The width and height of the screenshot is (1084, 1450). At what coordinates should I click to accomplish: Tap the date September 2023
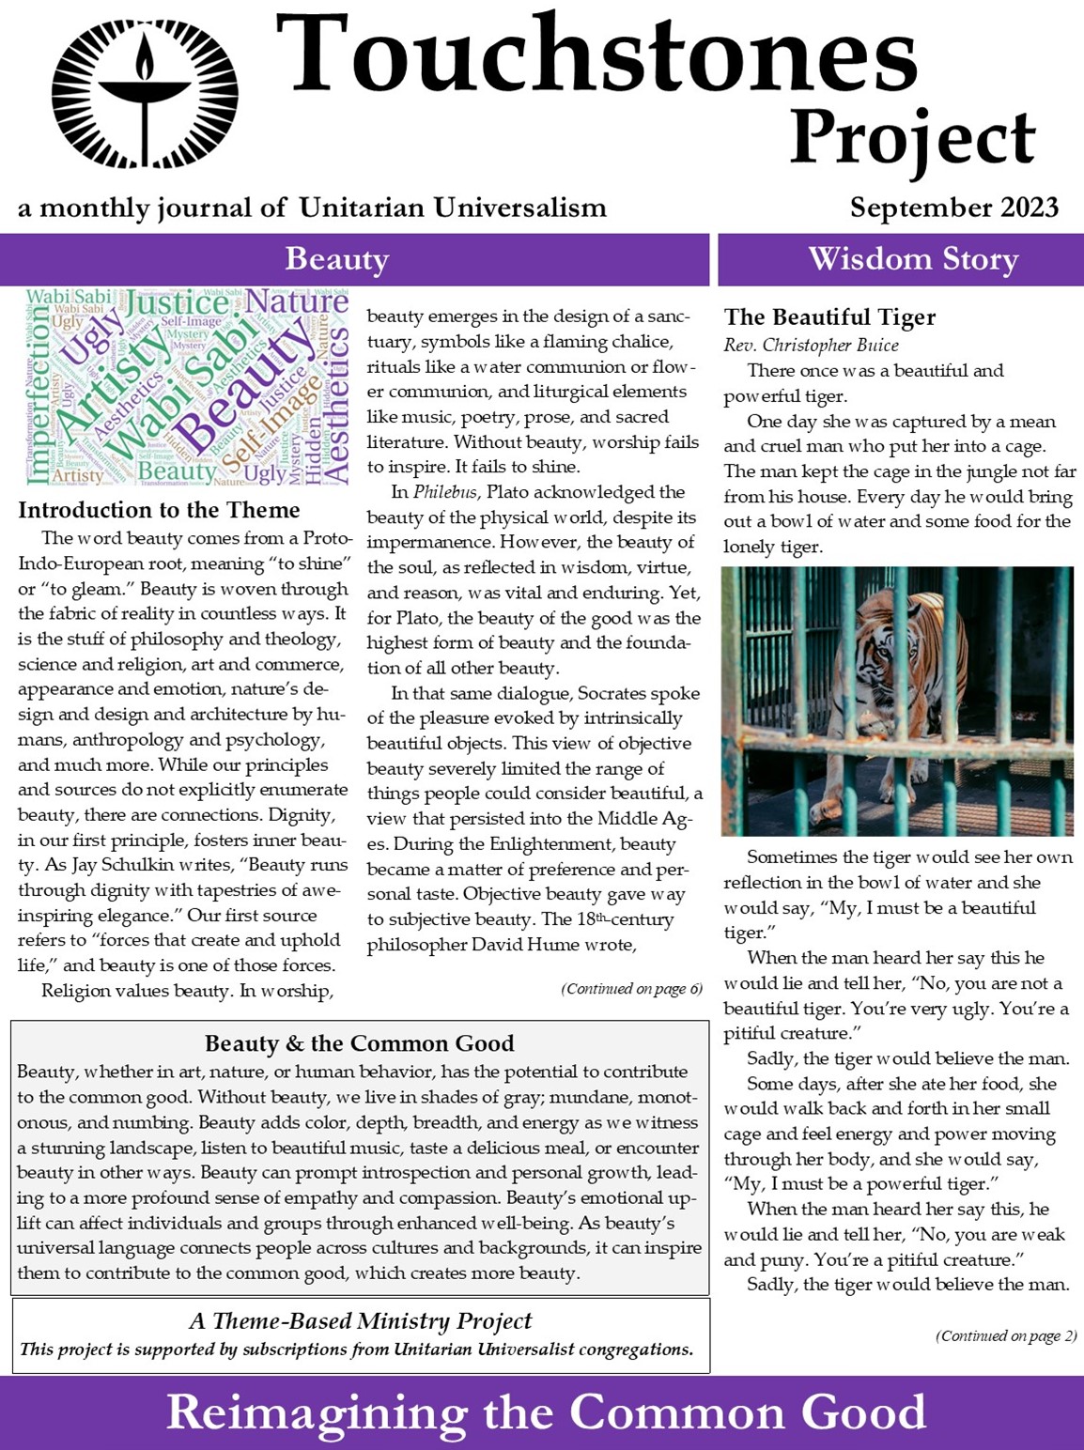click(x=953, y=207)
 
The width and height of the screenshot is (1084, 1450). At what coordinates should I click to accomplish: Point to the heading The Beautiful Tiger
click(x=829, y=317)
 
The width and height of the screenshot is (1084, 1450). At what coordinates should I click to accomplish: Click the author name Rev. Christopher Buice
click(x=811, y=345)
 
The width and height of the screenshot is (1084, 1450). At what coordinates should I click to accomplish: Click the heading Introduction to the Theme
click(x=159, y=510)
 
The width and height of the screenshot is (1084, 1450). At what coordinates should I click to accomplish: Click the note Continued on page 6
click(x=631, y=989)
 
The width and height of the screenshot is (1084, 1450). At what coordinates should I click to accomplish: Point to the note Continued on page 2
click(x=1006, y=1335)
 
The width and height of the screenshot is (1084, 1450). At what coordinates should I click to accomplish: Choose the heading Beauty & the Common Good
click(x=360, y=1043)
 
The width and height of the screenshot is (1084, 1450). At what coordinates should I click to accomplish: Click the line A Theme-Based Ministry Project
click(x=360, y=1320)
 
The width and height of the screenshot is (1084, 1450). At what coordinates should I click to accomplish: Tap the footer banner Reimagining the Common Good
click(x=546, y=1412)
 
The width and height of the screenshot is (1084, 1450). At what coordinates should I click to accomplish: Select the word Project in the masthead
click(x=911, y=138)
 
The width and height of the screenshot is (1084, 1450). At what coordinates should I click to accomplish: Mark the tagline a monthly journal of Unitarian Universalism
click(x=312, y=208)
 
